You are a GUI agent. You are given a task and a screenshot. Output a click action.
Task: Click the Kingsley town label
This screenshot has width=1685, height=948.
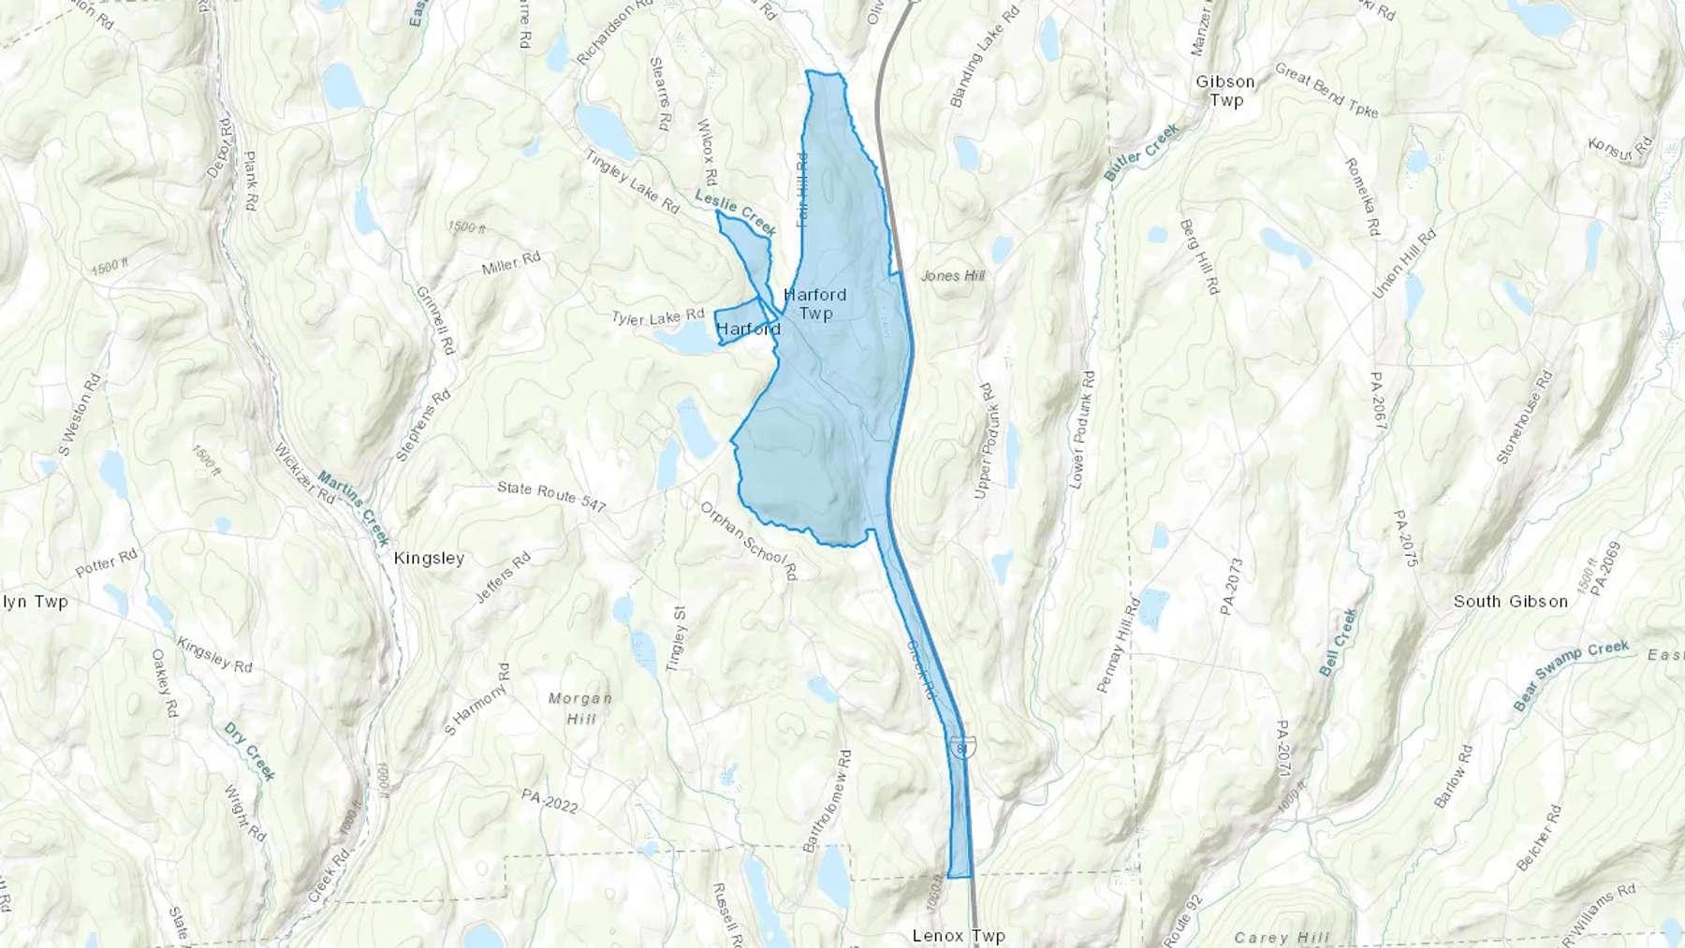[430, 559]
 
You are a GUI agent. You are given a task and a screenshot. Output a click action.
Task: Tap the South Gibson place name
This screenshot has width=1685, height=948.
[1510, 602]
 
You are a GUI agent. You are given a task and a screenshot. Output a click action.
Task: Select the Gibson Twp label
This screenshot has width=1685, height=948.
[1225, 91]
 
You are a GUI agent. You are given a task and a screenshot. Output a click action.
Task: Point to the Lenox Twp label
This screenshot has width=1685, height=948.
[959, 935]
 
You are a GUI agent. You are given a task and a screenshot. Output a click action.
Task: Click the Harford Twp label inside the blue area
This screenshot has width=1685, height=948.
[815, 304]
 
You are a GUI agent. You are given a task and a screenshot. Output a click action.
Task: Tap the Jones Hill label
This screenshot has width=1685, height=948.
[953, 275]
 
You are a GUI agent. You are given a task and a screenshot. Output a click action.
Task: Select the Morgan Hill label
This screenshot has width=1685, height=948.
[580, 708]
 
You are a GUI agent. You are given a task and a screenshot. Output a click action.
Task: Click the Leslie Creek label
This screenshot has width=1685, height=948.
[736, 211]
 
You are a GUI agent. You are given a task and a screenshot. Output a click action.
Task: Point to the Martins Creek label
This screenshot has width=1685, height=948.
[353, 506]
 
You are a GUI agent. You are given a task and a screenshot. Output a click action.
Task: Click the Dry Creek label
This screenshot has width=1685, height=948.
[250, 751]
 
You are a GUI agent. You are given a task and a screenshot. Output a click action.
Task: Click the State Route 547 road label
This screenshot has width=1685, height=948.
[551, 496]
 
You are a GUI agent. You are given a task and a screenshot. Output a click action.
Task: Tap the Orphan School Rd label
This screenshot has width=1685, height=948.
[749, 539]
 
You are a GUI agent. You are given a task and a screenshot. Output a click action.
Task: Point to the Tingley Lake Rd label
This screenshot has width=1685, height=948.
[632, 180]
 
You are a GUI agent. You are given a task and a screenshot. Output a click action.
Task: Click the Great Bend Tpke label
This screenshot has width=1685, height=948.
[1326, 92]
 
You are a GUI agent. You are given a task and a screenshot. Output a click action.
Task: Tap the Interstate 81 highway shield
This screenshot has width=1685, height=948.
[963, 746]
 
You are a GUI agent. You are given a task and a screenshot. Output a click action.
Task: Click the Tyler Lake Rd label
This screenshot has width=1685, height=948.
[657, 317]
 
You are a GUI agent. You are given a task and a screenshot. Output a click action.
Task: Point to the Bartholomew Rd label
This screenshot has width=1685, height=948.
[827, 800]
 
